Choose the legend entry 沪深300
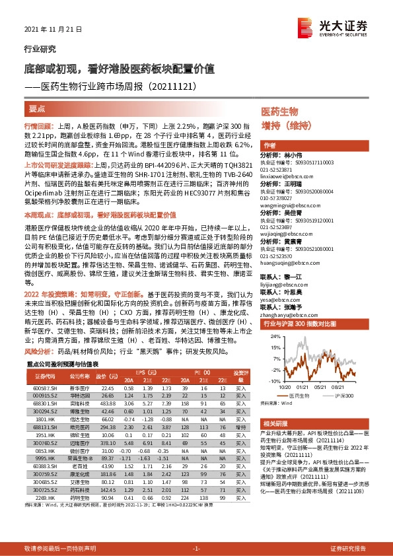345,394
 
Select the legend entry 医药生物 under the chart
306,394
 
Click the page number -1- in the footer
196,549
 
